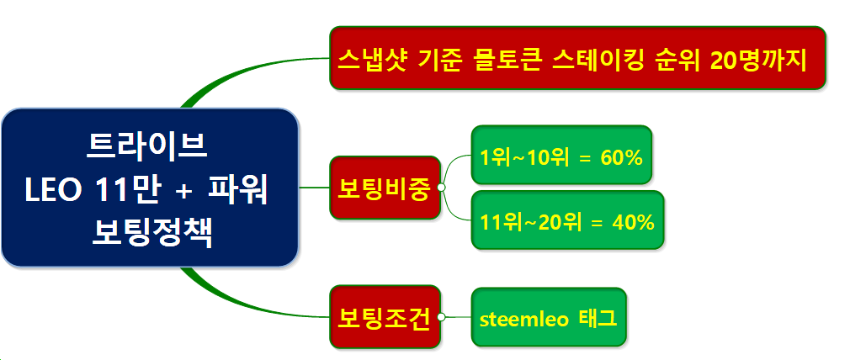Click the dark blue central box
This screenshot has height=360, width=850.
150,187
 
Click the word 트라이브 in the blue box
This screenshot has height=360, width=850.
147,147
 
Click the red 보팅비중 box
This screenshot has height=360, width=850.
385,188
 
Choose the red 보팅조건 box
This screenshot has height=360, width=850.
385,317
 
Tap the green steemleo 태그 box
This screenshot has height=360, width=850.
549,317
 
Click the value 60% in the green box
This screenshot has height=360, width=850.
621,158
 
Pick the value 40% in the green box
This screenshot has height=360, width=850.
633,223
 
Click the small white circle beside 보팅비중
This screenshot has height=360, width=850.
441,188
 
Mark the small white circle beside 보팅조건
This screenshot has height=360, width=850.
441,317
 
